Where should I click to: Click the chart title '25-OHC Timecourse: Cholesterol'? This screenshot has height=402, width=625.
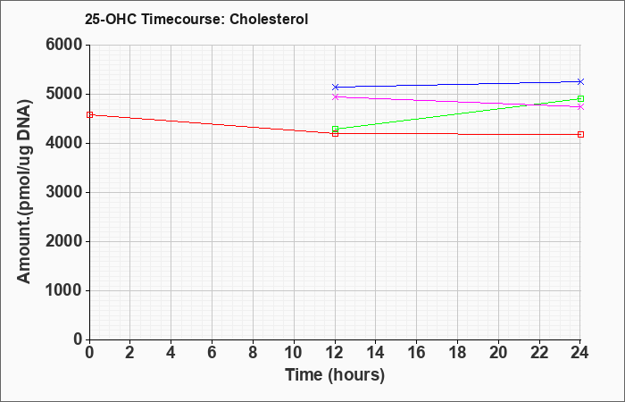(x=196, y=19)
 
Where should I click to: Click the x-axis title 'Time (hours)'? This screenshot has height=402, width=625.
(x=335, y=375)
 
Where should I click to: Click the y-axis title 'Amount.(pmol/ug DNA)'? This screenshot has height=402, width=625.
(x=24, y=191)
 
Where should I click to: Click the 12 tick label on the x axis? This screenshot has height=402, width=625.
(x=335, y=353)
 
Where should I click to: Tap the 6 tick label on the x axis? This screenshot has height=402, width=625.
(x=212, y=353)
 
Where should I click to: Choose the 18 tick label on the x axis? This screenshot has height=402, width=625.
(x=457, y=353)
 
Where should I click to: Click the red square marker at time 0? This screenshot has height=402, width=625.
(x=89, y=115)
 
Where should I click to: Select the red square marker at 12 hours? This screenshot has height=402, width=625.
(x=335, y=134)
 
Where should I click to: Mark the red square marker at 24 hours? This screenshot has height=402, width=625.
(x=580, y=134)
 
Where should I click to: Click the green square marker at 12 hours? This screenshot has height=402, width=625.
(x=335, y=129)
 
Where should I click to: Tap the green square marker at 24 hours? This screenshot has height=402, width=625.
(x=580, y=99)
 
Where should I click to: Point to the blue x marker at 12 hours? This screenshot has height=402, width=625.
(x=335, y=87)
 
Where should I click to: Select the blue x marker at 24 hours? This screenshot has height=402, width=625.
(x=580, y=82)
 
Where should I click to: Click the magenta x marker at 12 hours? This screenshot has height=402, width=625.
(x=335, y=96)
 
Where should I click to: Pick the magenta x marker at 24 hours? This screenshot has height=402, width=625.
(x=580, y=107)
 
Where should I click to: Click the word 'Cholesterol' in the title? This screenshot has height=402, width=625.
(x=269, y=19)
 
